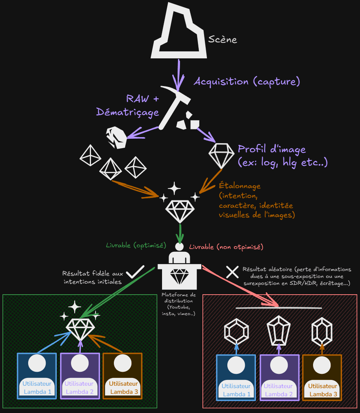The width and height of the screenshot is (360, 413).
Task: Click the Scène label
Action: (222, 40)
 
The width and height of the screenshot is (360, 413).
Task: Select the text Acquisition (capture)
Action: (247, 82)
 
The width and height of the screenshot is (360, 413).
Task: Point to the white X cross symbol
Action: (232, 272)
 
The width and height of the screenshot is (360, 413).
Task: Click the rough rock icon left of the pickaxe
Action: (116, 138)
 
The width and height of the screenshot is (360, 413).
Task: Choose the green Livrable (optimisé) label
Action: (136, 245)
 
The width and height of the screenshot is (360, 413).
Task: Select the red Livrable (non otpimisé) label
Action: (226, 247)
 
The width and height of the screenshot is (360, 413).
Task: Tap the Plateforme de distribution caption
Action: (178, 304)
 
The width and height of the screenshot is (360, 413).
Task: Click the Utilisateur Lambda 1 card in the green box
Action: (37, 376)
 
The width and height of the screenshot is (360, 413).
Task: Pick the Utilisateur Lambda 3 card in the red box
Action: (322, 378)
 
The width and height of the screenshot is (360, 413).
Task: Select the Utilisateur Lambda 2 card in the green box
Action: (80, 376)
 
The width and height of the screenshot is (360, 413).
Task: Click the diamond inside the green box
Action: (80, 329)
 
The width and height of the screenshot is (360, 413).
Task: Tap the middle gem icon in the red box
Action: (279, 330)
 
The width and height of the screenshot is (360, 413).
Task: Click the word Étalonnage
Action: (240, 186)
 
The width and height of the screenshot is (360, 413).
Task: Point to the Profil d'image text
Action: (272, 149)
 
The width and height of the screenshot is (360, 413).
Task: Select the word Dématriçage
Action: (127, 112)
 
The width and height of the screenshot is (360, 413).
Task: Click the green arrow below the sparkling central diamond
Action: (180, 233)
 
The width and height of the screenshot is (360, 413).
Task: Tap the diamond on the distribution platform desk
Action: (179, 276)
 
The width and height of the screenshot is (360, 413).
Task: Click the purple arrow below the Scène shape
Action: (178, 75)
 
